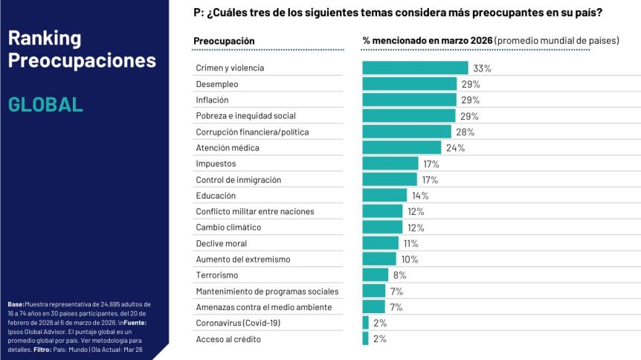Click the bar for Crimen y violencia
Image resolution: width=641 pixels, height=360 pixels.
(415, 68)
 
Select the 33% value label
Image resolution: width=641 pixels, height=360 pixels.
(482, 68)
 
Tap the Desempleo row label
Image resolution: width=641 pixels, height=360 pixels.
(217, 84)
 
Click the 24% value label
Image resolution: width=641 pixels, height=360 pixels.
(455, 148)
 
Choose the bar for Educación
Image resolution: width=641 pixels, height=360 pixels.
(384, 196)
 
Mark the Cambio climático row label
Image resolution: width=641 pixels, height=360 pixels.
(229, 228)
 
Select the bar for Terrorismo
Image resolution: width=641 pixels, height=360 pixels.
(375, 275)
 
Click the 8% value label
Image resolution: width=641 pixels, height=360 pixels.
(399, 275)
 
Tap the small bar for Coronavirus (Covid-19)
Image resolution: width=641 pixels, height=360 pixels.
(366, 323)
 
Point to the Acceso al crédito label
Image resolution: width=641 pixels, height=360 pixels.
(228, 339)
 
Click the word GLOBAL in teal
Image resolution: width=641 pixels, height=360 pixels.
(45, 104)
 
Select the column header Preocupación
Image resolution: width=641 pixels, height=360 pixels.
(224, 40)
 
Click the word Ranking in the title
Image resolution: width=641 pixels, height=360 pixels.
(45, 39)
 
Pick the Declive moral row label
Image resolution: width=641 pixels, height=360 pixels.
(221, 243)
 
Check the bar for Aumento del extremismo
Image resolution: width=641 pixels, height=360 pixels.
(379, 259)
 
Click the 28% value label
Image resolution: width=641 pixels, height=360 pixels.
(465, 132)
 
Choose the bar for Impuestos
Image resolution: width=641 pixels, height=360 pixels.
(390, 164)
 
